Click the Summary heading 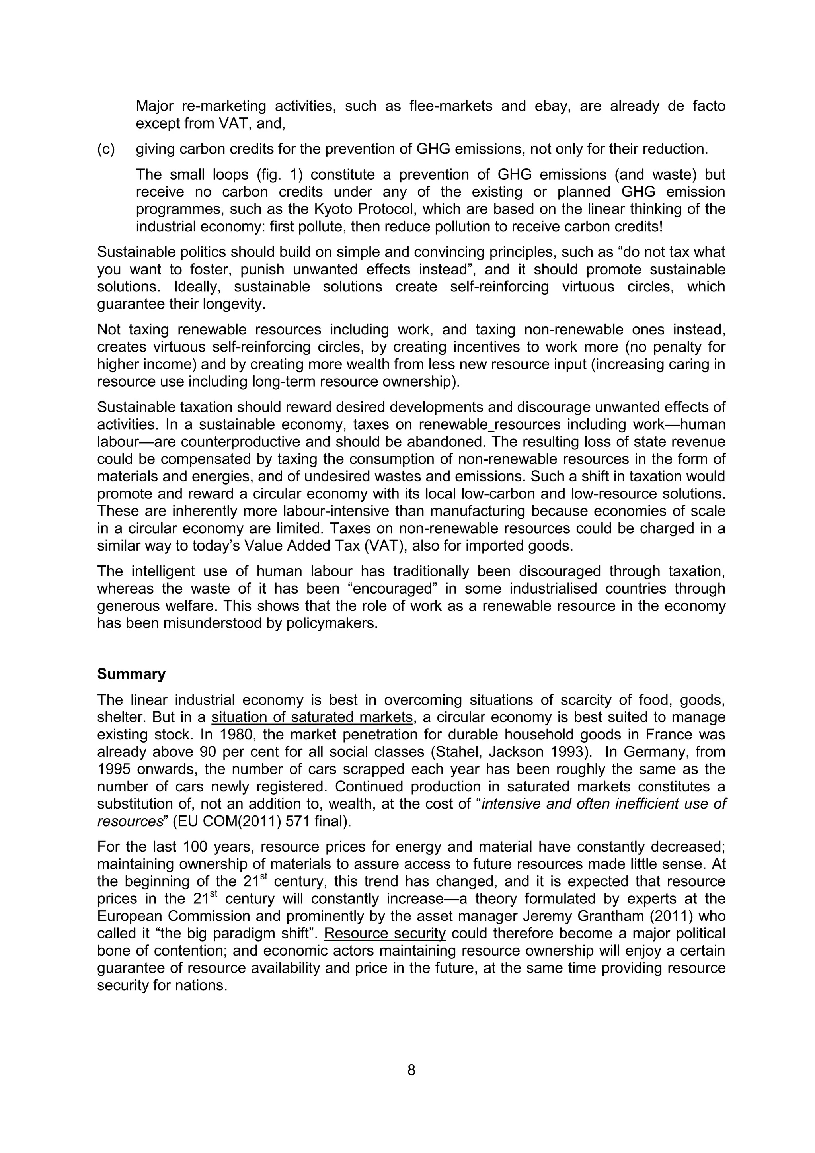(131, 674)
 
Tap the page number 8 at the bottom (411, 1070)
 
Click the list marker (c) (106, 149)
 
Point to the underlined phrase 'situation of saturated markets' (312, 717)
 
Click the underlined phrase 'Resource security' (384, 934)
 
